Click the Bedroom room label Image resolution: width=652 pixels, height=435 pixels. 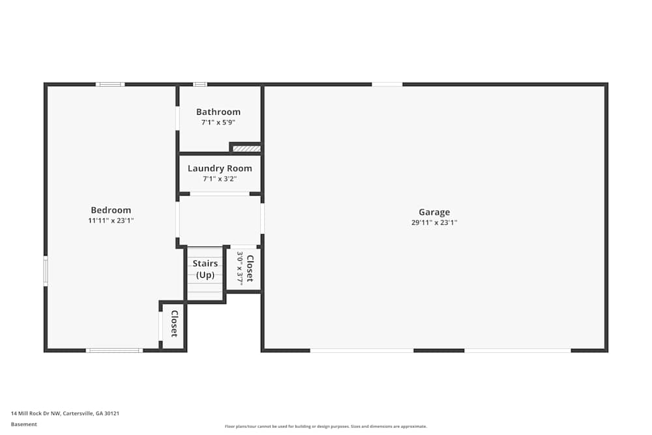point(111,210)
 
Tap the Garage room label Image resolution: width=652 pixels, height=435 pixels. point(434,212)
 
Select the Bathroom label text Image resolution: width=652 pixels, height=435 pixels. point(218,112)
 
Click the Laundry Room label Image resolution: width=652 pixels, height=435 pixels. point(220,168)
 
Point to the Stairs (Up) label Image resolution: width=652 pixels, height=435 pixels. point(205,269)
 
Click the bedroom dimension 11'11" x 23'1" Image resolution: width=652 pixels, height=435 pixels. point(111,221)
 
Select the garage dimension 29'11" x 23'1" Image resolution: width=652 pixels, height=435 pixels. point(434,222)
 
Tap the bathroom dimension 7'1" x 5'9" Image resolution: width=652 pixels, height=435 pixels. point(218,123)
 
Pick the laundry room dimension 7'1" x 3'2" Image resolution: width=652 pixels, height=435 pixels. point(220,179)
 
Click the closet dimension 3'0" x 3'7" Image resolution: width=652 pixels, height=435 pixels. point(240,268)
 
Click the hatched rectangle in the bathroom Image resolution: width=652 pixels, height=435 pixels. point(246,149)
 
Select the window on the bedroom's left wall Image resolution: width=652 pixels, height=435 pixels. point(46,271)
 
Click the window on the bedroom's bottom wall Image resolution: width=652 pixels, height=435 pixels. point(114,351)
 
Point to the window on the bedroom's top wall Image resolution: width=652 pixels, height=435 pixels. point(110,84)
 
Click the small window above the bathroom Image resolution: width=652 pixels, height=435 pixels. point(200,84)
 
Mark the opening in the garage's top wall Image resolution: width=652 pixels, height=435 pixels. point(387,84)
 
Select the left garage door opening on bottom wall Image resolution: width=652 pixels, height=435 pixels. point(362,351)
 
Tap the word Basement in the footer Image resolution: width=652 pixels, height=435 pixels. point(24,425)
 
